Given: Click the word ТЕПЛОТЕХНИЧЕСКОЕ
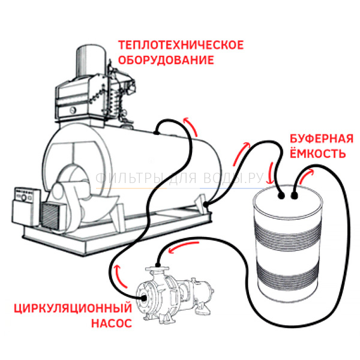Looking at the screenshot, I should click(x=181, y=46).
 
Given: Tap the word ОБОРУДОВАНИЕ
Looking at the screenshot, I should click(x=166, y=61).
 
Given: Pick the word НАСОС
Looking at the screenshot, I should click(x=111, y=325).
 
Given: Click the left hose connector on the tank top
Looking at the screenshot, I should click(x=281, y=194).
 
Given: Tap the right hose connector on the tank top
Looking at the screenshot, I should click(x=295, y=194).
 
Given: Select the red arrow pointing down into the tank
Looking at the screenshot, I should click(x=271, y=169).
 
